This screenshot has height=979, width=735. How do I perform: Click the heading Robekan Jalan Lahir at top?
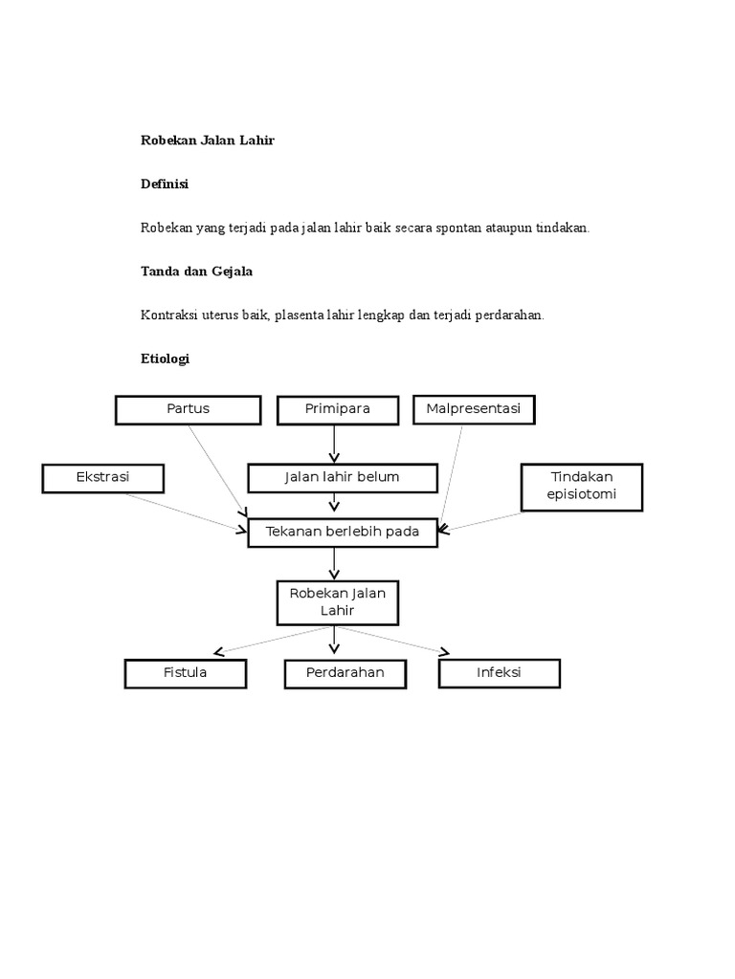tap(208, 141)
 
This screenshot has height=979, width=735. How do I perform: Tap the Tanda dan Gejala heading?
tap(196, 272)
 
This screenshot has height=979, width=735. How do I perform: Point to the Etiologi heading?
tap(166, 359)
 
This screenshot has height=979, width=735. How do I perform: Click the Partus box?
tap(188, 409)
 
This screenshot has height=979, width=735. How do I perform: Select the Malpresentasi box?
tap(473, 409)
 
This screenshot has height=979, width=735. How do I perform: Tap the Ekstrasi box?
tap(102, 477)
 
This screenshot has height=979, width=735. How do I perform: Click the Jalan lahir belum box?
tap(342, 477)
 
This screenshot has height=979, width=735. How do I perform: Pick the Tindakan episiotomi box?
tap(582, 487)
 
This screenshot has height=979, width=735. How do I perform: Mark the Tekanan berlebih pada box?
tap(342, 533)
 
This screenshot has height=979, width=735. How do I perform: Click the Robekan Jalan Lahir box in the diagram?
tap(337, 602)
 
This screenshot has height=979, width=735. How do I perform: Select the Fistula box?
tap(185, 673)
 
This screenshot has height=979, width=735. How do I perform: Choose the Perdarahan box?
tap(345, 673)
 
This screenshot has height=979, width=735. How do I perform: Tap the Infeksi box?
tap(499, 673)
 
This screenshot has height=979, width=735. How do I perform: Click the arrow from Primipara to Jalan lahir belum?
tap(334, 444)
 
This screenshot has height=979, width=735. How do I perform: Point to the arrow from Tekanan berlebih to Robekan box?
tap(334, 563)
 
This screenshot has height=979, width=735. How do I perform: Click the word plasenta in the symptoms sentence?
tap(300, 315)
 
